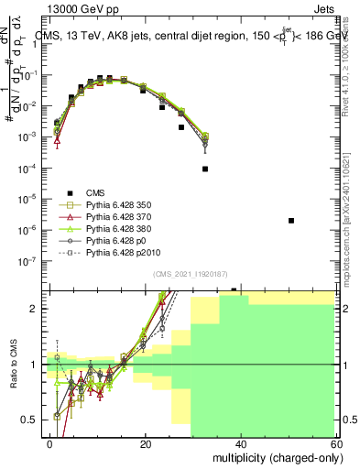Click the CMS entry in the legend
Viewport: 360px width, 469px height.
coord(95,191)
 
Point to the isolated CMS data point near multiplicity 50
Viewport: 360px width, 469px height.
coord(290,221)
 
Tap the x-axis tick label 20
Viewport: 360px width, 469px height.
coord(146,443)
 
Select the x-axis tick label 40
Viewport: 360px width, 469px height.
coord(241,443)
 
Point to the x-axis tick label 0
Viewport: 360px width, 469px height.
coord(50,443)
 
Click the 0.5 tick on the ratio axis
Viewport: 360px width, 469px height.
coord(33,420)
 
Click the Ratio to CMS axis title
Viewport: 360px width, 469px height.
coord(13,364)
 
